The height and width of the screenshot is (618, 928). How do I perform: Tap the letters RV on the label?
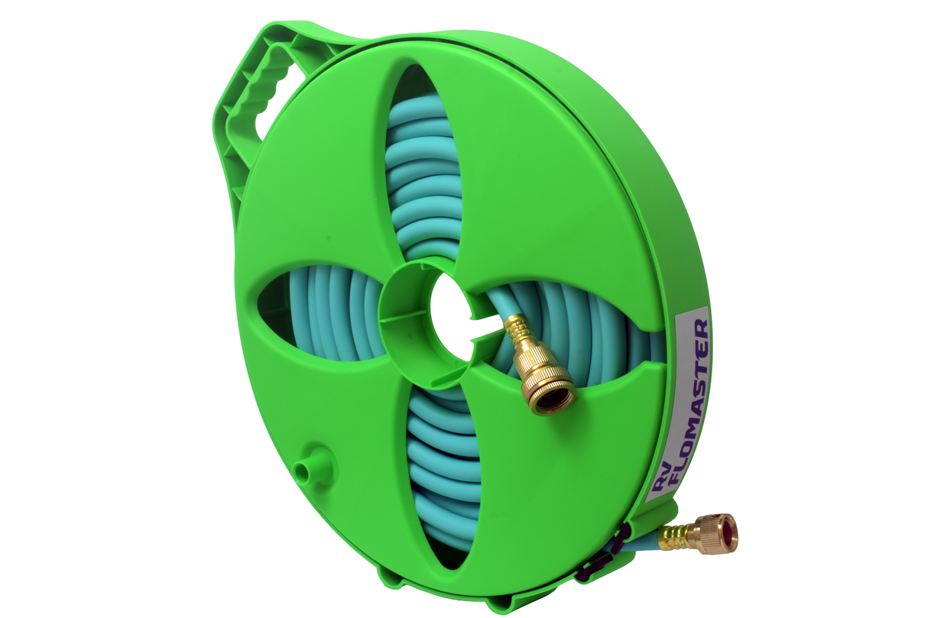click(x=663, y=483)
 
